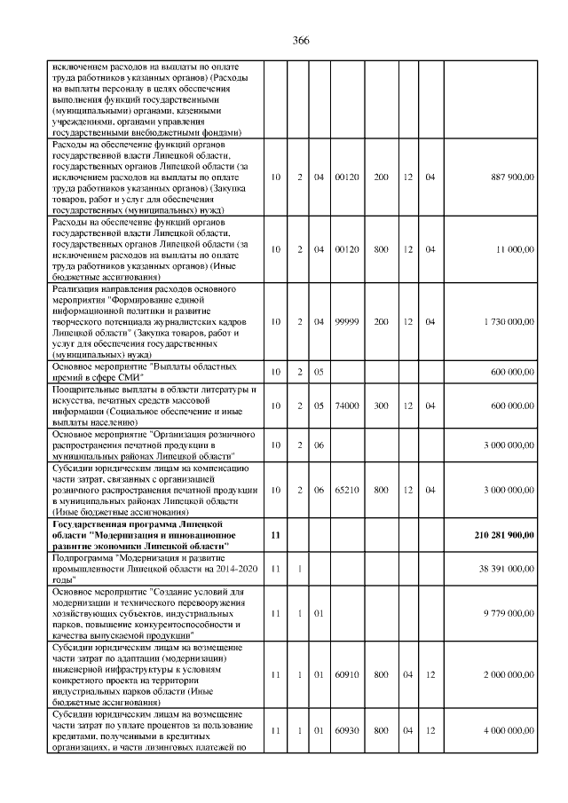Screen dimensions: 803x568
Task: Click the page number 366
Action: tap(300, 41)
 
